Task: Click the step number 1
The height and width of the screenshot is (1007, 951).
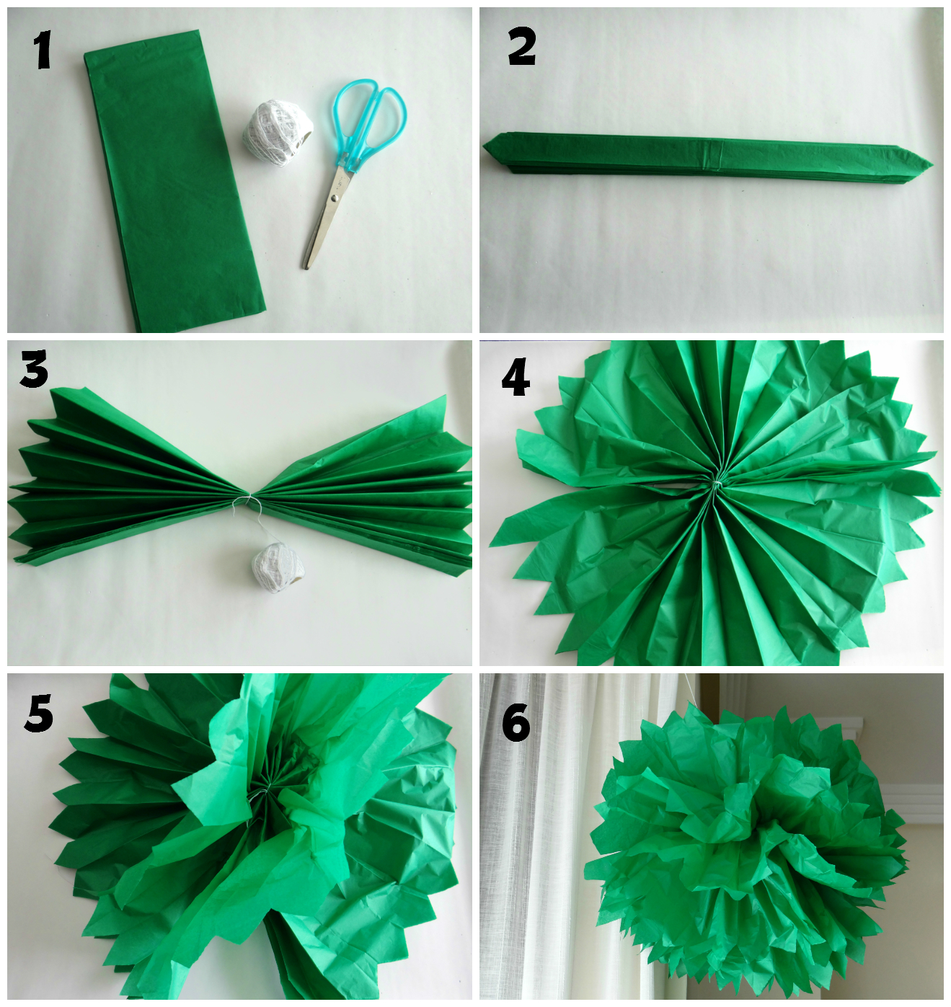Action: click(x=43, y=49)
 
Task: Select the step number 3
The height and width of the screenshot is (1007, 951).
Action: click(x=35, y=368)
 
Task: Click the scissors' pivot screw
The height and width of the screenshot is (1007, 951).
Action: click(x=335, y=196)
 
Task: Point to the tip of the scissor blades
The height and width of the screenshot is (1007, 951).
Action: click(x=306, y=267)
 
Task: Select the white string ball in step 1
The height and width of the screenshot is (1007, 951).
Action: click(x=276, y=127)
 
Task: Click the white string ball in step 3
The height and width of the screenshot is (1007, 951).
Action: click(x=278, y=567)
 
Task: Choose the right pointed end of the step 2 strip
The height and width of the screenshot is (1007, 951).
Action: click(x=932, y=165)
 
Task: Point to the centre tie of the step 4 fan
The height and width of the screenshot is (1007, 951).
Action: click(x=716, y=486)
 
